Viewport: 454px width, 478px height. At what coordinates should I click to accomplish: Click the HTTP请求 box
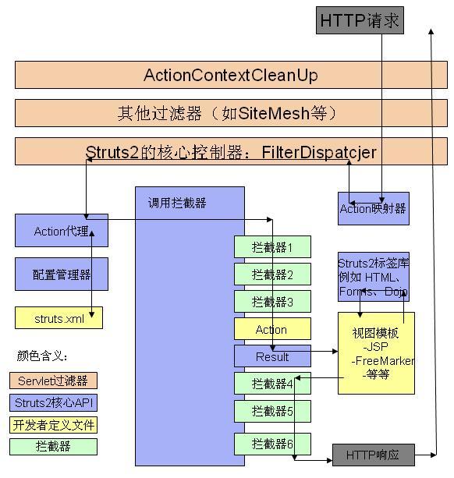tap(360, 20)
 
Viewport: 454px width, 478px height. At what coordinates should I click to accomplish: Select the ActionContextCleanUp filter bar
tap(230, 76)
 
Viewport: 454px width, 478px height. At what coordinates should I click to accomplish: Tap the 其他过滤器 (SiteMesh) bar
tap(230, 113)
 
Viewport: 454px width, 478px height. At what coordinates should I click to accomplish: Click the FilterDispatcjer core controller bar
tap(230, 151)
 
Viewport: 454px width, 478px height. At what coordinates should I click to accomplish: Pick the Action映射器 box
tap(373, 208)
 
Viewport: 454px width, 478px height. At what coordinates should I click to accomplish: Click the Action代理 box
tap(62, 231)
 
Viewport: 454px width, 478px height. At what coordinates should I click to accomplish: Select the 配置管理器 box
tap(62, 274)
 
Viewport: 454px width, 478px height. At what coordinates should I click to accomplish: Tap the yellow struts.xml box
tap(59, 318)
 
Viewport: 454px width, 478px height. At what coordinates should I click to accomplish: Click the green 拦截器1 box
tap(272, 247)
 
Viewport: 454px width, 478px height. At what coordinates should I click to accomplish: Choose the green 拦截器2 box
tap(272, 274)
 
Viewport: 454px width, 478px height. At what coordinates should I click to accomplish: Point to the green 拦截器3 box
tap(272, 302)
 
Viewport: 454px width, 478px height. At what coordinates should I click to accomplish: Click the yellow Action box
tap(272, 329)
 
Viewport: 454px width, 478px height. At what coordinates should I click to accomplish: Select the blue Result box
tap(272, 356)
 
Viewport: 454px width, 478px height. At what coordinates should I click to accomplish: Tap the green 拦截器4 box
tap(272, 384)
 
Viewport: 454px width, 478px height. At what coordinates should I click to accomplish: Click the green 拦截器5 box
tap(272, 411)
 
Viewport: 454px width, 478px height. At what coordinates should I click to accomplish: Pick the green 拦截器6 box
tap(272, 444)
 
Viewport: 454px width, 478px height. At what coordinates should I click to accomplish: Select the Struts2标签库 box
tap(373, 277)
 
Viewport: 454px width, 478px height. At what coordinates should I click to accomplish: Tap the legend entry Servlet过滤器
tap(54, 381)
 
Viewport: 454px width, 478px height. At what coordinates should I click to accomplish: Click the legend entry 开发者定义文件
tap(54, 425)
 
